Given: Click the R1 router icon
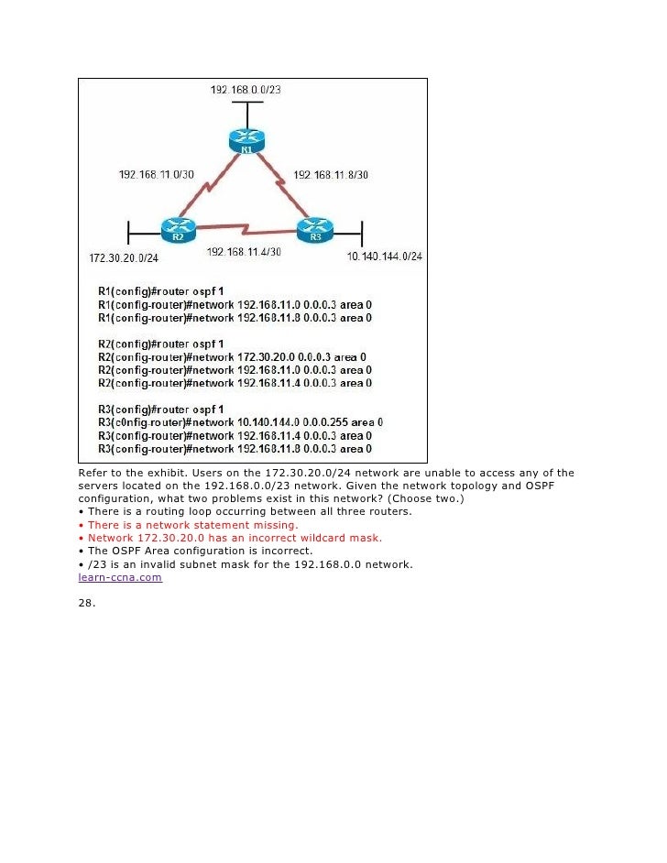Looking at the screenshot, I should coord(246,141).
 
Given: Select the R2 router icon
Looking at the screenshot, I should coord(178,229).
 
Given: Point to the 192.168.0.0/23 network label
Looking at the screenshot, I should coord(246,90).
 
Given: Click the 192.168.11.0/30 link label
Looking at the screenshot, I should coord(157,174).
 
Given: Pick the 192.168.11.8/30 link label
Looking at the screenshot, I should coord(330,174).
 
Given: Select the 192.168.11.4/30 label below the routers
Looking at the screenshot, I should coord(244,252).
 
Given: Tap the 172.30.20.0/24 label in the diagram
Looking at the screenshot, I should coord(124,257).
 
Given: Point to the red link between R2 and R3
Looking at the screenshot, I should coord(246,226).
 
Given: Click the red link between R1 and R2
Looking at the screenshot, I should coord(208,187).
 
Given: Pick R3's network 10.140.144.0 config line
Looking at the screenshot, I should coord(240,422).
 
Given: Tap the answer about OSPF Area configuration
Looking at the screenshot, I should coord(200,552).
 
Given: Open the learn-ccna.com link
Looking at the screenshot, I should coord(120,578).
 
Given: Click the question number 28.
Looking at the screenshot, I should coord(87,605).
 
